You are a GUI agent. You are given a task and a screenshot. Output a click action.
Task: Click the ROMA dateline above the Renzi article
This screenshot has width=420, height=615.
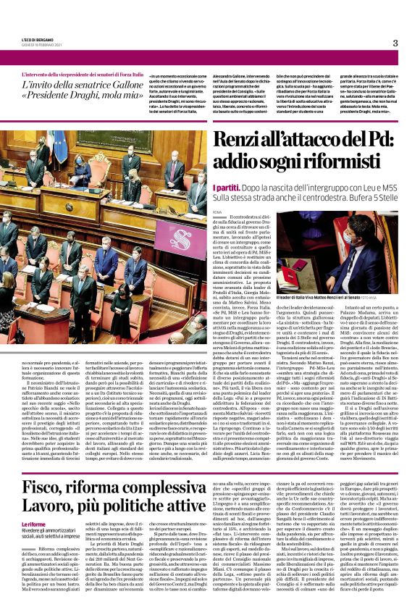[x=218, y=212]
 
